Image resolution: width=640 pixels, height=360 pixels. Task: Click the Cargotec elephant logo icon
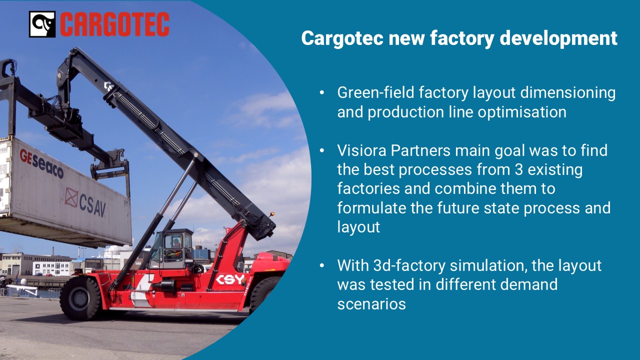[42, 24]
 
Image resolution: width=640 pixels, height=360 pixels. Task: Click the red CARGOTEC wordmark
[114, 24]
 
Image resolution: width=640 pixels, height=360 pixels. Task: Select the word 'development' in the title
[558, 38]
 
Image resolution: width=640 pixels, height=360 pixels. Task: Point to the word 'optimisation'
[522, 111]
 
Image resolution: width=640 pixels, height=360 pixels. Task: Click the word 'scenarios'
[371, 303]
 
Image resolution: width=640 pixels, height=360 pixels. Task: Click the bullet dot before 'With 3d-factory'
[322, 265]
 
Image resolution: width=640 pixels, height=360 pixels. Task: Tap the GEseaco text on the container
[41, 163]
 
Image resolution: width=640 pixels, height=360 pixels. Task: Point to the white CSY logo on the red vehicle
[230, 279]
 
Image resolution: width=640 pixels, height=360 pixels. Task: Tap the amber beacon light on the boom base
[272, 213]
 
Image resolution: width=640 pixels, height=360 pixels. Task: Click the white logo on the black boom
[109, 86]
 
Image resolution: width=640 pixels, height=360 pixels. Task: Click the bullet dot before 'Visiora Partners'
[322, 150]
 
